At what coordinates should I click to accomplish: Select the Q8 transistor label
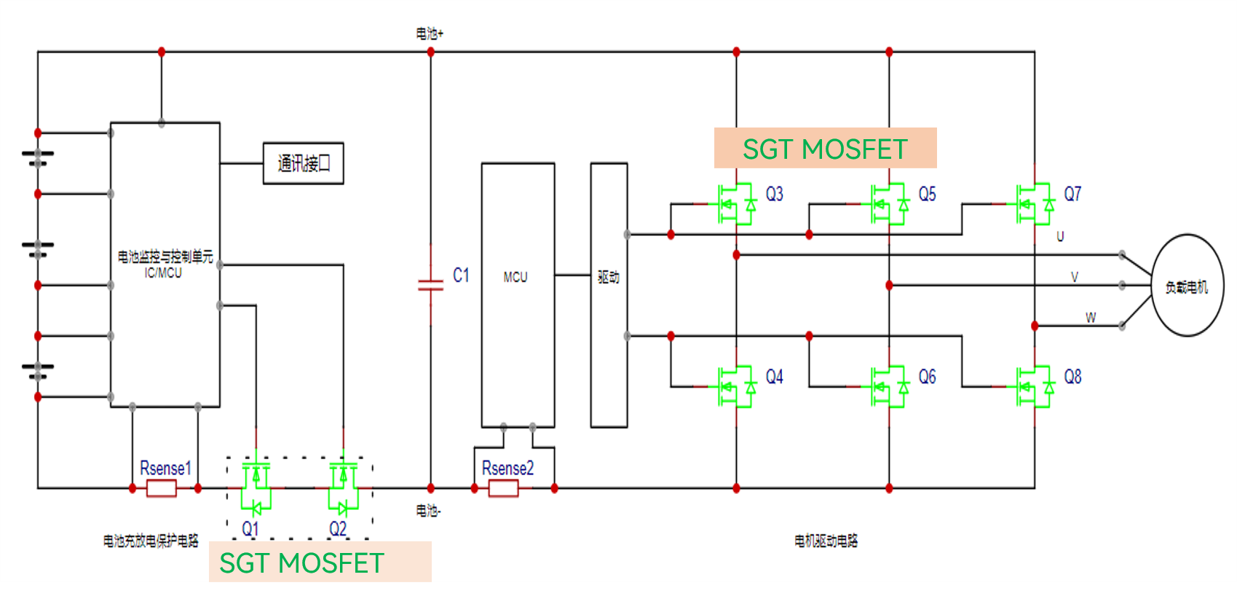point(1072,377)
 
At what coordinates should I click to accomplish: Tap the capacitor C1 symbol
point(430,285)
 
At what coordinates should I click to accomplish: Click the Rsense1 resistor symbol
point(161,488)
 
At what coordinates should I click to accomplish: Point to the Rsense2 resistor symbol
point(503,488)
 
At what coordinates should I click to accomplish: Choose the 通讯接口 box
point(303,163)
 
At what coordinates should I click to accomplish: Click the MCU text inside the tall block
point(515,277)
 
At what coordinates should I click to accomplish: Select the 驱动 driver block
point(609,294)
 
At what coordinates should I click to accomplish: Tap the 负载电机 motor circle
point(1187,286)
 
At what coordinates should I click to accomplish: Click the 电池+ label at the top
point(430,34)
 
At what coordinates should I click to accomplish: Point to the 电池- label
point(428,511)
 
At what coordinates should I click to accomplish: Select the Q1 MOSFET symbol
point(256,485)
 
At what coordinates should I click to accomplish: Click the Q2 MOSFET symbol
point(343,485)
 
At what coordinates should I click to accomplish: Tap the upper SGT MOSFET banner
point(825,149)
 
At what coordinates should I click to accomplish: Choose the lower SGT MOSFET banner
point(320,562)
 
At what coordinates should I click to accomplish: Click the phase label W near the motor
point(1090,318)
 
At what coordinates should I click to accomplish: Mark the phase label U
point(1060,237)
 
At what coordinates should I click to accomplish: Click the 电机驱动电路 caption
point(826,541)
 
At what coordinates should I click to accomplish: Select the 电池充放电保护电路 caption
point(151,541)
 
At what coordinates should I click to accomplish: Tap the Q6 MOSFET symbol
point(889,387)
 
